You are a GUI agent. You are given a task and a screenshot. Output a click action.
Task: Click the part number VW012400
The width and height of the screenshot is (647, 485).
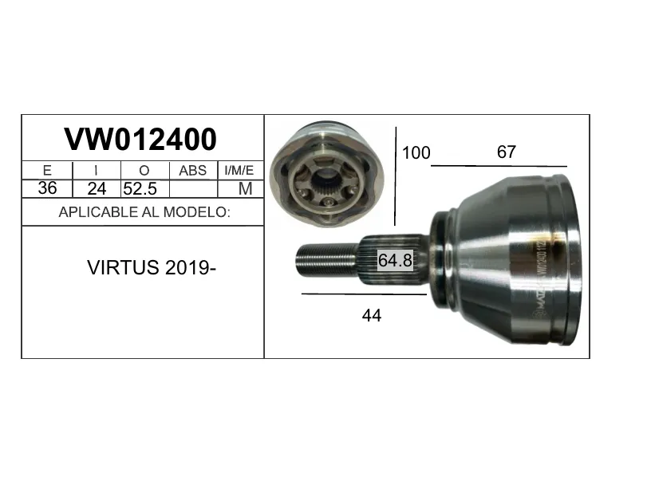[x=140, y=139]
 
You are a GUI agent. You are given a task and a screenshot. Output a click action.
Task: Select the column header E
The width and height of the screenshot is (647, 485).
[x=47, y=171]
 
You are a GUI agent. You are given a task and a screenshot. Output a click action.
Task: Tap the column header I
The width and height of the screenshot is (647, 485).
[x=97, y=171]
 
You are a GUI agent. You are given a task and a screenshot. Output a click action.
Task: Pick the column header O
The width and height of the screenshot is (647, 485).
[x=144, y=171]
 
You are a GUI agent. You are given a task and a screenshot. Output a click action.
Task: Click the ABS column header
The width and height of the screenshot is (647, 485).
[x=193, y=171]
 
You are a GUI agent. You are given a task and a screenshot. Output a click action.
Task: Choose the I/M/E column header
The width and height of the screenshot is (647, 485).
[x=239, y=171]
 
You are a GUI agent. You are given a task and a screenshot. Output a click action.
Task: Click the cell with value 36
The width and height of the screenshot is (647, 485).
[x=47, y=188]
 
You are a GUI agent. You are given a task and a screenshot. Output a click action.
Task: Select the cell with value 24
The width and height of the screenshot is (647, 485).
[x=97, y=188]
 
